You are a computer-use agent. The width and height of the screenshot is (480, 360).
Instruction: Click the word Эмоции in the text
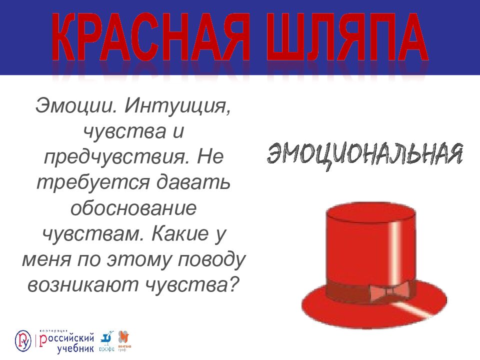[76, 105]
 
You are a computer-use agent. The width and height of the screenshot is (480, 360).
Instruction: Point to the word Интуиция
[178, 105]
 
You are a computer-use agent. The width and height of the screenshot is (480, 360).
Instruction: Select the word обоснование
[133, 208]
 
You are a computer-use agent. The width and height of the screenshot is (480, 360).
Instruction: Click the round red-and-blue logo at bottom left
[23, 340]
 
